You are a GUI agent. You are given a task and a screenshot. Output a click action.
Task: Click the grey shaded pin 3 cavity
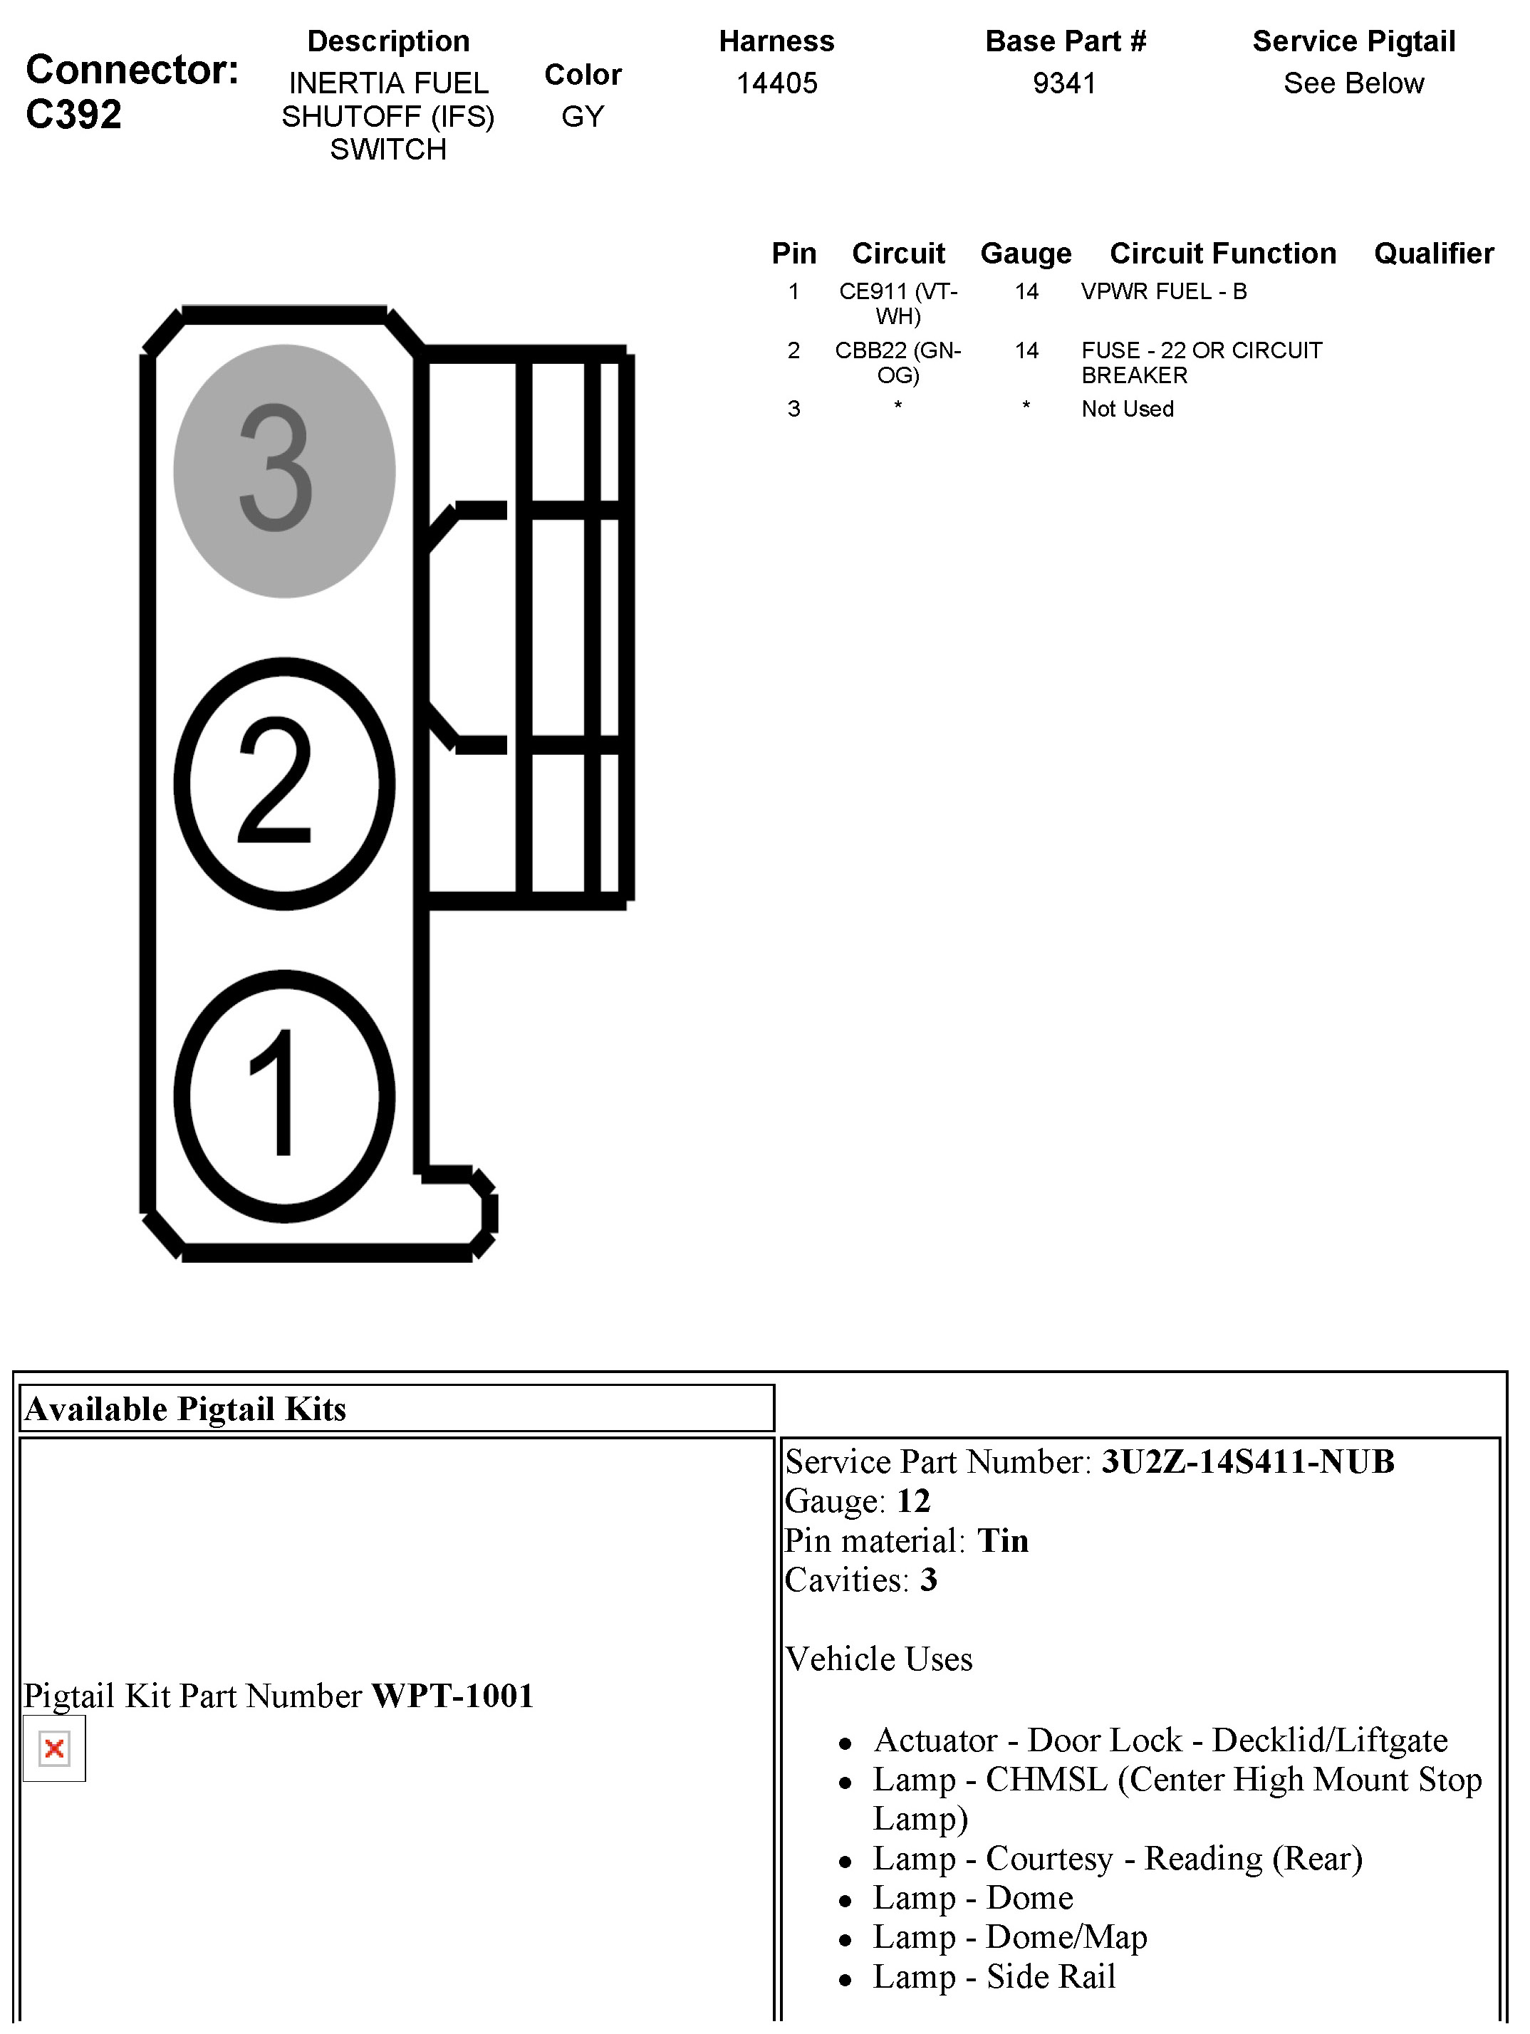point(284,471)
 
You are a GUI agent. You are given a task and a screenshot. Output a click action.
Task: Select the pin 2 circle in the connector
point(284,783)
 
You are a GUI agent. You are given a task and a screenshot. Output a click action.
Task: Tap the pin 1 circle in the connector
point(284,1095)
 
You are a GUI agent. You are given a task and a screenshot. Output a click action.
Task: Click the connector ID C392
point(73,115)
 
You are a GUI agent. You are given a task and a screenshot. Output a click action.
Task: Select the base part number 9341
point(1064,83)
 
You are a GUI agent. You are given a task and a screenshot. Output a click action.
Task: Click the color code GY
point(583,117)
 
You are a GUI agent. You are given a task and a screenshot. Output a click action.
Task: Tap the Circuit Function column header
point(1222,253)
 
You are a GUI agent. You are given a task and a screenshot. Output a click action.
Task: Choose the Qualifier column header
point(1433,253)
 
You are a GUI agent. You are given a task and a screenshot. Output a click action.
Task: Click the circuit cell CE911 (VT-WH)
point(897,303)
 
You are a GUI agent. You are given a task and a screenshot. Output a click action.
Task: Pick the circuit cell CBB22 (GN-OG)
point(897,363)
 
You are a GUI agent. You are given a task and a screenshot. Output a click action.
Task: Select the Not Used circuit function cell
point(1128,410)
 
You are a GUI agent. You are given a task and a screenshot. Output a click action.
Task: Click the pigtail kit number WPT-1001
point(452,1695)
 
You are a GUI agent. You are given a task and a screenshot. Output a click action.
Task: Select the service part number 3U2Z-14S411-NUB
point(1248,1461)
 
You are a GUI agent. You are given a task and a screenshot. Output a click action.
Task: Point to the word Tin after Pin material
point(1002,1540)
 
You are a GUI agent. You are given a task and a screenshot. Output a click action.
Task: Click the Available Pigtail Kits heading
point(186,1409)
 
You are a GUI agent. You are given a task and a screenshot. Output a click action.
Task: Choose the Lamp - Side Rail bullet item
point(993,1976)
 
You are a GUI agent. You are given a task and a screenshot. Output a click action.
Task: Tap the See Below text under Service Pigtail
point(1353,83)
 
